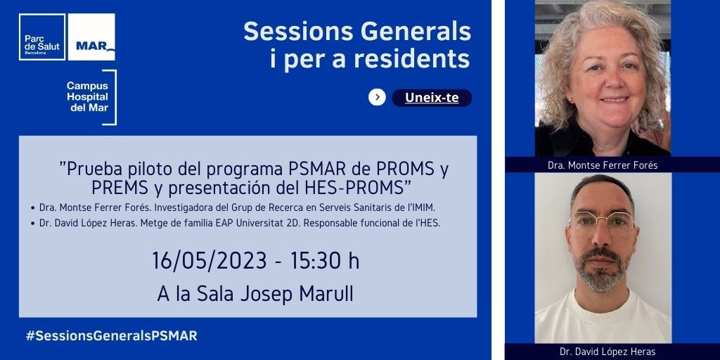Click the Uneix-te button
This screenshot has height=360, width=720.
pos(432,98)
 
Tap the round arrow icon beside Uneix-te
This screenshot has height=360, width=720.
pos(377,97)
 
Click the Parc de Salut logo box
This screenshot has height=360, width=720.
pos(42,37)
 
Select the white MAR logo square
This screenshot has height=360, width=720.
pos(91,37)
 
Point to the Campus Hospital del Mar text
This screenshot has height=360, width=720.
pos(87,97)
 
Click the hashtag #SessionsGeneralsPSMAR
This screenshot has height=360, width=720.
pos(112,335)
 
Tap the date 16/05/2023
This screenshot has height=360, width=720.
pos(210,261)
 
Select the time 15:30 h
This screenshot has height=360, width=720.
pos(325,261)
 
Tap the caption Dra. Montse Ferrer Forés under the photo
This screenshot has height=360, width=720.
pos(603,165)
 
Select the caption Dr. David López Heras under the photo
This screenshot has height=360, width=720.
pos(607,352)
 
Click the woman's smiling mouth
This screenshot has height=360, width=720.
pos(614,98)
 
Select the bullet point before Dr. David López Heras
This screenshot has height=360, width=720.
pos(32,224)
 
